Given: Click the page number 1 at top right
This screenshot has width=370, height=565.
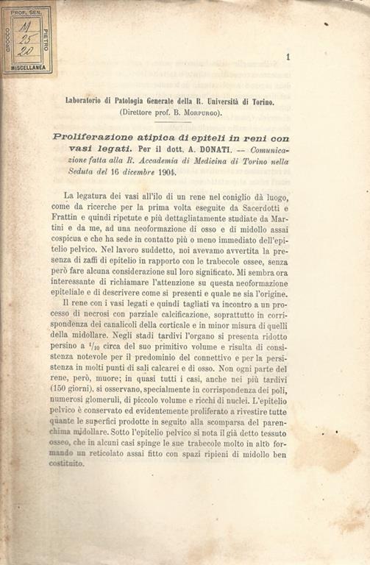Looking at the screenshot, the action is tap(288, 56).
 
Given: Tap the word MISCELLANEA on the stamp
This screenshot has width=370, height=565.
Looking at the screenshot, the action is tap(29, 67).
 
